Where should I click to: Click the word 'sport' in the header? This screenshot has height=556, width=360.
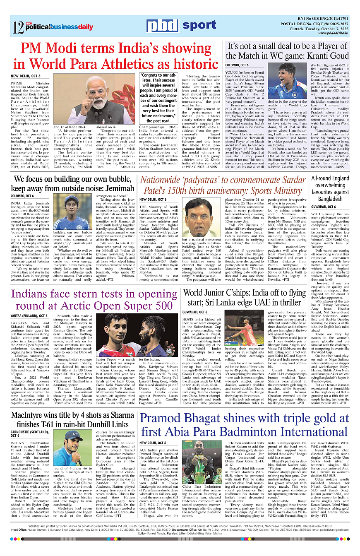pos(199,26)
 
